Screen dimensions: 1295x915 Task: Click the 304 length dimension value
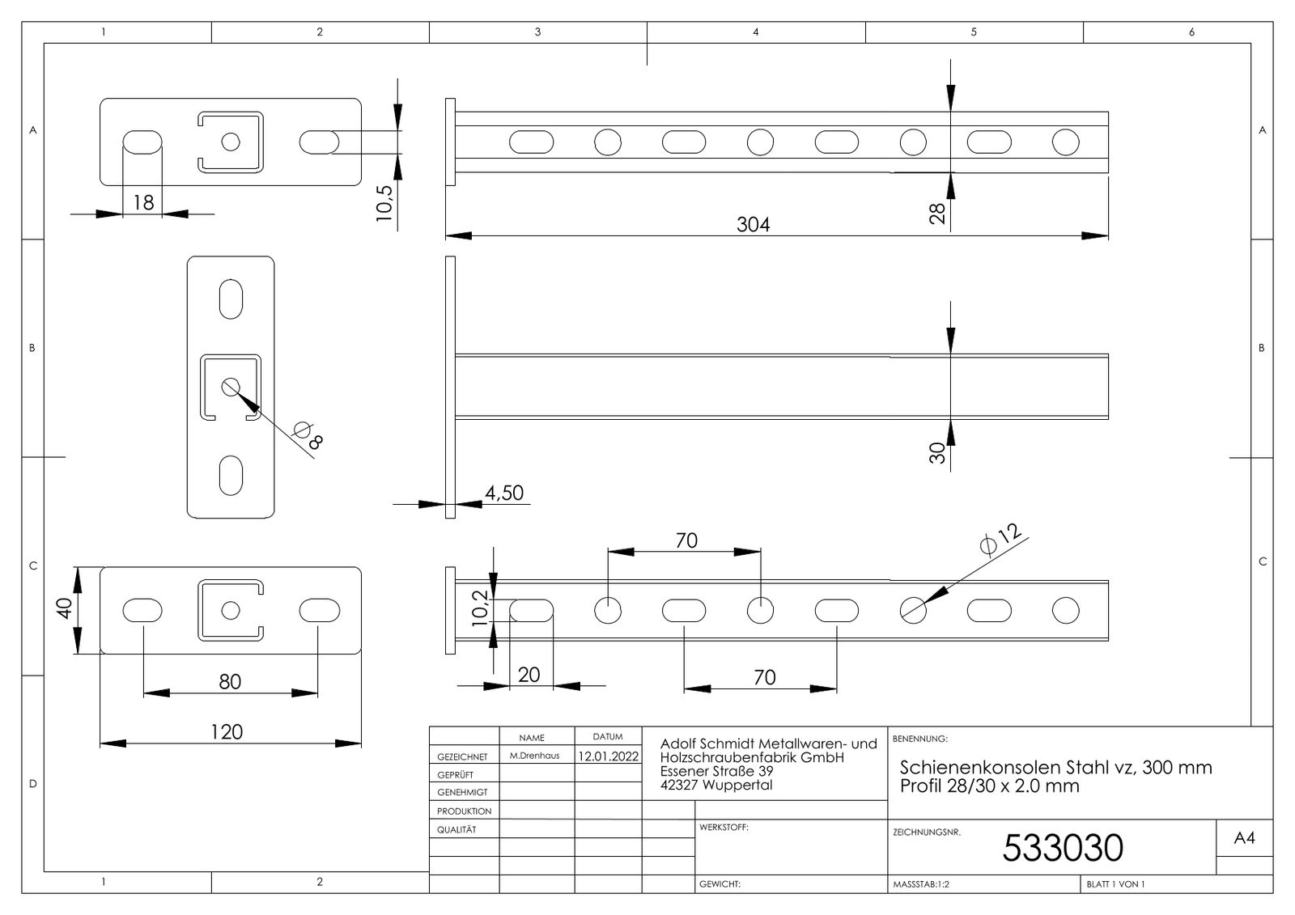click(x=753, y=224)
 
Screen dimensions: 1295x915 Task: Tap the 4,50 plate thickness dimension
click(x=504, y=493)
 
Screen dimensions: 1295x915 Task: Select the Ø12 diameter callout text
click(x=1000, y=539)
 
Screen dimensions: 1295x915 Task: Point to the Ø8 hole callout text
click(x=308, y=435)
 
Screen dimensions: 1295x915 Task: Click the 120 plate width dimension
click(x=226, y=732)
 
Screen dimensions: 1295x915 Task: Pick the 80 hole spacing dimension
click(x=230, y=682)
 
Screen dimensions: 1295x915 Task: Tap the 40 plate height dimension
click(x=64, y=608)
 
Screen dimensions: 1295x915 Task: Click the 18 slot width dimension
click(x=143, y=202)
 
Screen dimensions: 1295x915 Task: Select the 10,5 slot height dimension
click(x=384, y=203)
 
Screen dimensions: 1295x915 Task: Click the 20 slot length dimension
click(x=529, y=675)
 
